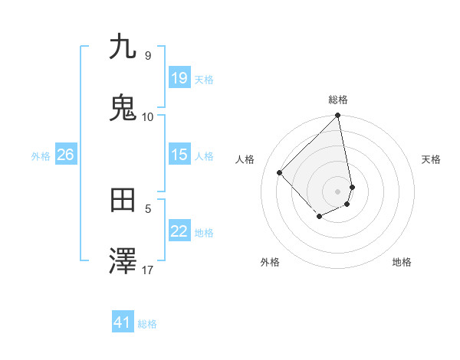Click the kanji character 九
(x=123, y=47)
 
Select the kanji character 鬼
(x=123, y=108)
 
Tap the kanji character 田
(x=123, y=201)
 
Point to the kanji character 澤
(x=123, y=261)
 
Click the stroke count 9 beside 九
(x=147, y=56)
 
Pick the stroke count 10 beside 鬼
(x=147, y=116)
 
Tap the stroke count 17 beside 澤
(x=148, y=270)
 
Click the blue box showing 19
(x=179, y=77)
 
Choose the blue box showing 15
(x=179, y=155)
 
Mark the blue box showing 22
(x=179, y=231)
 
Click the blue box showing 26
(x=65, y=155)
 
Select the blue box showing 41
(x=123, y=322)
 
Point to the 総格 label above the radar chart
(x=338, y=100)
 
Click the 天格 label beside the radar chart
(x=432, y=159)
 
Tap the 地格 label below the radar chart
(x=402, y=262)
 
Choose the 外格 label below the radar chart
(x=270, y=262)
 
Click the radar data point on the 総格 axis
(x=338, y=116)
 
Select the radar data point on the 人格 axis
(x=280, y=172)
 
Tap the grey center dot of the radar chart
(x=338, y=191)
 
